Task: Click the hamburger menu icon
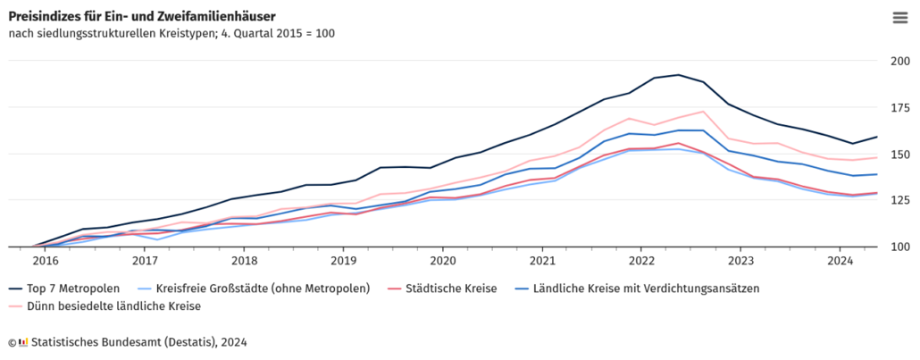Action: click(x=899, y=17)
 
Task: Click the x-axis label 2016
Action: click(x=46, y=261)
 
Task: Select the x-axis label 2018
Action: click(x=244, y=261)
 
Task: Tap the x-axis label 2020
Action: click(x=442, y=261)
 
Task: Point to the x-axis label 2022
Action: click(x=641, y=261)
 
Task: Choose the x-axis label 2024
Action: click(x=840, y=261)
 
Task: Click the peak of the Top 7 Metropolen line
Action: click(x=679, y=75)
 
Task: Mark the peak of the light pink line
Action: click(x=704, y=112)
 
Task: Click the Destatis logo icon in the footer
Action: click(x=23, y=341)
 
